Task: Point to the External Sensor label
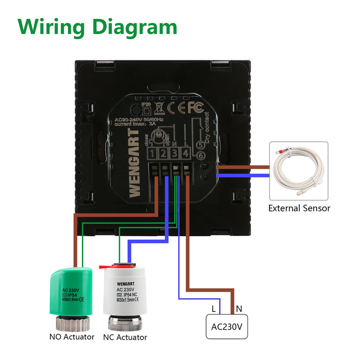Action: pos(299,208)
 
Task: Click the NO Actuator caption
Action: pos(72,337)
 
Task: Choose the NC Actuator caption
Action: pos(125,337)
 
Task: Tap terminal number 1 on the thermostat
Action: pos(153,154)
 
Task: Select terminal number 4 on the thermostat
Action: pos(185,154)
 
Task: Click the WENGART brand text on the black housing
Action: pos(134,162)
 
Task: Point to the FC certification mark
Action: pos(196,108)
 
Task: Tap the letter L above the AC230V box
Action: pos(213,309)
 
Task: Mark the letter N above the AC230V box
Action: pos(239,309)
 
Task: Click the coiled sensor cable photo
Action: pos(298,171)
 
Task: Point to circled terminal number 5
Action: pos(201,145)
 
